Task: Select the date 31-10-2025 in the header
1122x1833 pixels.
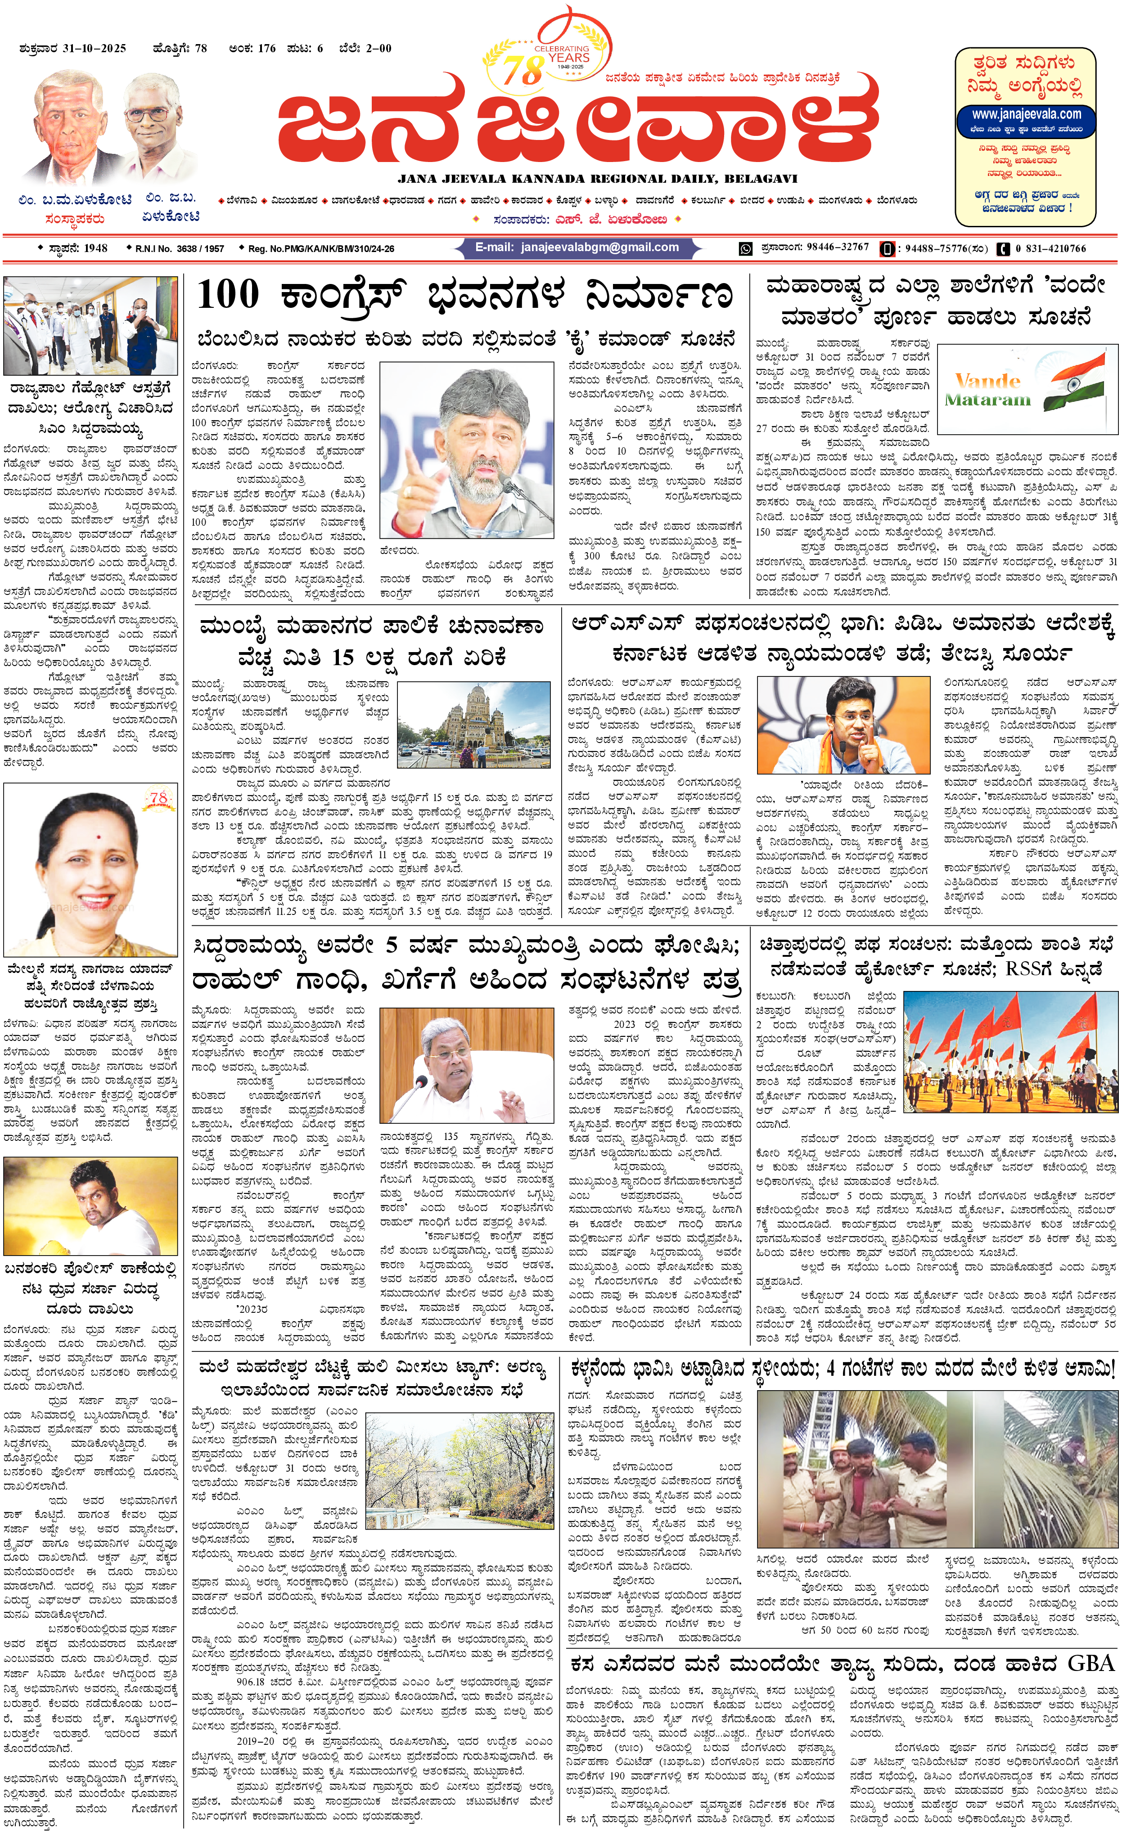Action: (x=95, y=48)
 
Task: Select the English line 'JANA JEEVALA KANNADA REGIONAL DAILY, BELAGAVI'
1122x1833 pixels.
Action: (x=597, y=179)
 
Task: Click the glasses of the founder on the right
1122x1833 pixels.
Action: (x=147, y=115)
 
